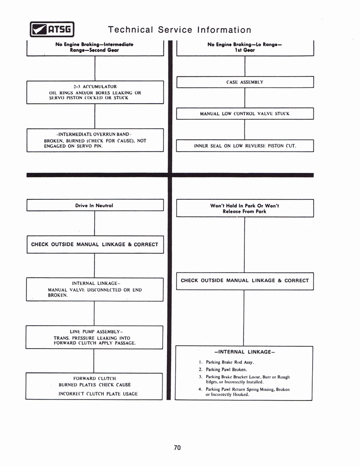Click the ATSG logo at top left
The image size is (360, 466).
pos(51,30)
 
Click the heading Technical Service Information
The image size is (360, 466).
pos(179,30)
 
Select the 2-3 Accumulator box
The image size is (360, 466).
pos(95,92)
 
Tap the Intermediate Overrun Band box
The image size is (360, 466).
pos(95,140)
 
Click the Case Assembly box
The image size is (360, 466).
pos(245,82)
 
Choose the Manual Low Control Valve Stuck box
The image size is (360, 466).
pos(245,114)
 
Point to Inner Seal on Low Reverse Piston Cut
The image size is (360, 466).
pos(245,146)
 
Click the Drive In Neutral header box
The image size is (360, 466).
pos(95,205)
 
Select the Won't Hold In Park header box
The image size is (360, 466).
pos(245,208)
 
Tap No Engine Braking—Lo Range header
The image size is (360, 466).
pos(245,47)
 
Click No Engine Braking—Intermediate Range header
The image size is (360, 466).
pos(95,47)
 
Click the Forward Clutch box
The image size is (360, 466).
pos(94,386)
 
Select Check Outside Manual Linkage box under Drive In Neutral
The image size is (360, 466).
pos(95,244)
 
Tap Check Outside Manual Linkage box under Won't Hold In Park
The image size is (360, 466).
pos(245,281)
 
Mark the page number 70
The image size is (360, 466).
pos(177,448)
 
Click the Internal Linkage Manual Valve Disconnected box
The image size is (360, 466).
pos(95,289)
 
